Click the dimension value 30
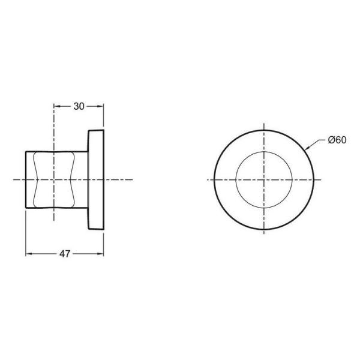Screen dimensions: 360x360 [79, 106]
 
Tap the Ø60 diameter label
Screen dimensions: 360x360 [337, 140]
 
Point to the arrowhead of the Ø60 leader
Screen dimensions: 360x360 [307, 148]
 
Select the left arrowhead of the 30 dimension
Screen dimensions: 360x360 [56, 106]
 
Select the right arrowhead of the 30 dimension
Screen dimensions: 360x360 [102, 106]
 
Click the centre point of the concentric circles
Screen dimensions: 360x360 [264, 179]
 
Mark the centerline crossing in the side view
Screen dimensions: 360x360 [54, 179]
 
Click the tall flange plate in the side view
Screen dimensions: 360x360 [96, 179]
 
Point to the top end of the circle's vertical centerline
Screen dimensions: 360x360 [264, 124]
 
